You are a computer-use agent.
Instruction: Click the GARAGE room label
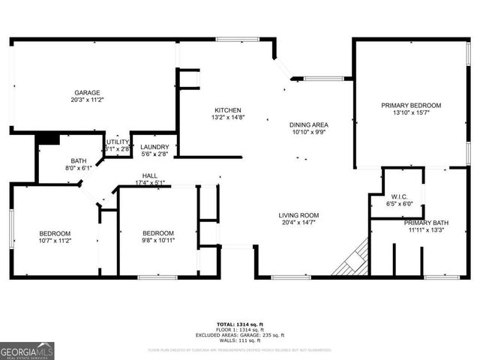87,92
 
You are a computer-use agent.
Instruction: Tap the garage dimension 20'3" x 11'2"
87,100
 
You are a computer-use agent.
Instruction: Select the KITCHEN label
227,109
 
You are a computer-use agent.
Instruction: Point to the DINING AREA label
309,124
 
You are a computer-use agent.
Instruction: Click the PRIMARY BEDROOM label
410,105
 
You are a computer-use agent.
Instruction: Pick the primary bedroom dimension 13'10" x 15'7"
410,112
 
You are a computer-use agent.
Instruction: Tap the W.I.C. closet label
398,196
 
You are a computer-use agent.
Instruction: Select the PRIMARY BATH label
425,223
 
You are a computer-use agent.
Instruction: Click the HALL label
150,175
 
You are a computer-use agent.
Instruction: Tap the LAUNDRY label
155,147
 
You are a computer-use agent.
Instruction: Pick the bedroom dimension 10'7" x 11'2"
55,241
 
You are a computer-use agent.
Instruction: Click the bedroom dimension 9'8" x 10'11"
158,241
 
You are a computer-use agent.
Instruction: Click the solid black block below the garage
47,139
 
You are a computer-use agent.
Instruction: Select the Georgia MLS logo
27,350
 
